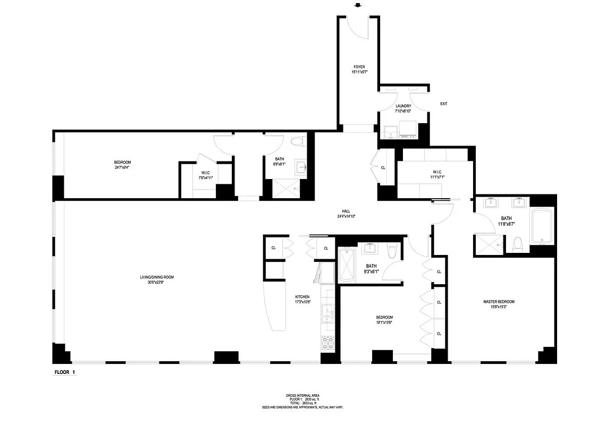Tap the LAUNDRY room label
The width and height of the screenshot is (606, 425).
[403, 106]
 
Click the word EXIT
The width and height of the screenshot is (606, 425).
[443, 104]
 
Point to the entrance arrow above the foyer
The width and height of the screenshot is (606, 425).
[358, 6]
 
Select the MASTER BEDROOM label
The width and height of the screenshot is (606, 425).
[499, 302]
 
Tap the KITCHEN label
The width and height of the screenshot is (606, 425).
[302, 297]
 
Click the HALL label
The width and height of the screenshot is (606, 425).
[346, 211]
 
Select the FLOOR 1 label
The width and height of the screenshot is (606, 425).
[65, 373]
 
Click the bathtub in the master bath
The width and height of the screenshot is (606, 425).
[542, 225]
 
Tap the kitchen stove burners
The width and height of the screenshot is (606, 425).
[327, 342]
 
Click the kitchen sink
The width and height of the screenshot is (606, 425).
[327, 313]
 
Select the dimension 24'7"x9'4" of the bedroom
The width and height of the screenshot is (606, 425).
[122, 167]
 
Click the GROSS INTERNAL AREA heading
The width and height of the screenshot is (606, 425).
[302, 396]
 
